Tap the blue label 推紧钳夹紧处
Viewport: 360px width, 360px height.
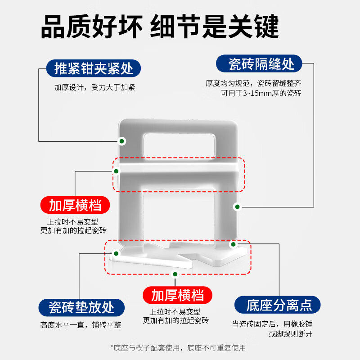pyautogui.click(x=94, y=69)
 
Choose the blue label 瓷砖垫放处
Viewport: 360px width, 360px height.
pyautogui.click(x=82, y=307)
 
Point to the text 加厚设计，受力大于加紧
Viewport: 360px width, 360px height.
pyautogui.click(x=94, y=87)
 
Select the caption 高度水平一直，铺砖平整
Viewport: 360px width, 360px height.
pyautogui.click(x=81, y=325)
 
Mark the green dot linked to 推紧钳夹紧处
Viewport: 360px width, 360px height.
pyautogui.click(x=121, y=141)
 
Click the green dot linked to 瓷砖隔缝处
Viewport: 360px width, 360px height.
pyautogui.click(x=237, y=207)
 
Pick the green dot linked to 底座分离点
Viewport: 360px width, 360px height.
pyautogui.click(x=233, y=244)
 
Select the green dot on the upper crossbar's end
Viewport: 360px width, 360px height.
pyautogui.click(x=116, y=171)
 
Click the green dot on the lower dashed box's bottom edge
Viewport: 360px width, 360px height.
pyautogui.click(x=175, y=274)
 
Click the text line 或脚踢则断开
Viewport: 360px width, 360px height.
pyautogui.click(x=291, y=333)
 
